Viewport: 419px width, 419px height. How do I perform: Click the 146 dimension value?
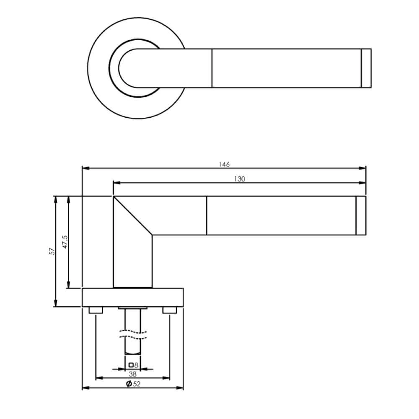[x=224, y=164]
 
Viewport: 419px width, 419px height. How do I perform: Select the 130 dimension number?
[x=239, y=179]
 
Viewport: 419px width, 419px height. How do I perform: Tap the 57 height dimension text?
[x=52, y=251]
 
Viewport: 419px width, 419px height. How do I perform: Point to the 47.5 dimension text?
[x=65, y=242]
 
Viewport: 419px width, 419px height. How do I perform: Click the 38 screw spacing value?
[x=133, y=374]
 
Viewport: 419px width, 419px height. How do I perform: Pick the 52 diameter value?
[x=137, y=384]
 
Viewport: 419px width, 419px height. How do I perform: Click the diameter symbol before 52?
[x=129, y=384]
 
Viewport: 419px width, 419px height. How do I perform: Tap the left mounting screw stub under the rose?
[x=96, y=310]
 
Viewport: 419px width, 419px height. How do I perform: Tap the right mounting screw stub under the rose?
[x=169, y=310]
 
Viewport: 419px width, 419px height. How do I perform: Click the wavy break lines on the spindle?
[x=133, y=334]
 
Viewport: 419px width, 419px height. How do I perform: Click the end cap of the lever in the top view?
[x=366, y=68]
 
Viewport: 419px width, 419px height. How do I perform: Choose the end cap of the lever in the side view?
[x=361, y=215]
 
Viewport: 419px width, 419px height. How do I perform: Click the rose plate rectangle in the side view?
[x=133, y=297]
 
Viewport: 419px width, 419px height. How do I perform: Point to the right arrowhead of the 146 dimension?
[x=363, y=168]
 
